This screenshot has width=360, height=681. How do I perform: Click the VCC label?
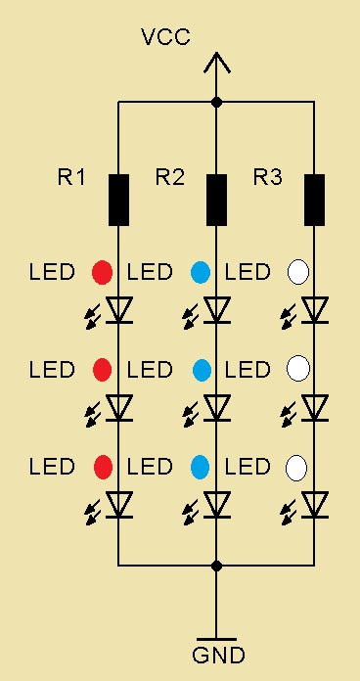point(165,37)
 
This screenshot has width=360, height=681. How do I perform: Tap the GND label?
point(218,656)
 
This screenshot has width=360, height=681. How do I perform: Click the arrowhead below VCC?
point(217,63)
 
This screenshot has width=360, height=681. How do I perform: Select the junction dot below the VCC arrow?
point(217,103)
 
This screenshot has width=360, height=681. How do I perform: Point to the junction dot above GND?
point(217,566)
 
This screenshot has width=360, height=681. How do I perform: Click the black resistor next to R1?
point(118,201)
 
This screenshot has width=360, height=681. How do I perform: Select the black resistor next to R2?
point(217,201)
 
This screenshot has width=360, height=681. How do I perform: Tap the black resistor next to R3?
point(314,201)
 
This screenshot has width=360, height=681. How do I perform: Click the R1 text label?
point(71,177)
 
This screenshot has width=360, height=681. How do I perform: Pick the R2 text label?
point(170,177)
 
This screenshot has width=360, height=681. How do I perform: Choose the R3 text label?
point(268,177)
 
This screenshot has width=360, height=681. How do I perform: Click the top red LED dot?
point(103,272)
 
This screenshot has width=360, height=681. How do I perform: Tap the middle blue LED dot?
point(202,370)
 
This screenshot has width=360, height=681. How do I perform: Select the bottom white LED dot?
point(296,468)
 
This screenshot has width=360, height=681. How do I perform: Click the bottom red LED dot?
point(104,468)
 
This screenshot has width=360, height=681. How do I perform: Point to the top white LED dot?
point(298,272)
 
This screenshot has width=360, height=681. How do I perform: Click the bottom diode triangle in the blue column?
point(217,505)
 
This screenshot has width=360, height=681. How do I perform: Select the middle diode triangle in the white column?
point(315,407)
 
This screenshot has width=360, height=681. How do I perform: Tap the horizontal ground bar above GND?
point(217,639)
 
